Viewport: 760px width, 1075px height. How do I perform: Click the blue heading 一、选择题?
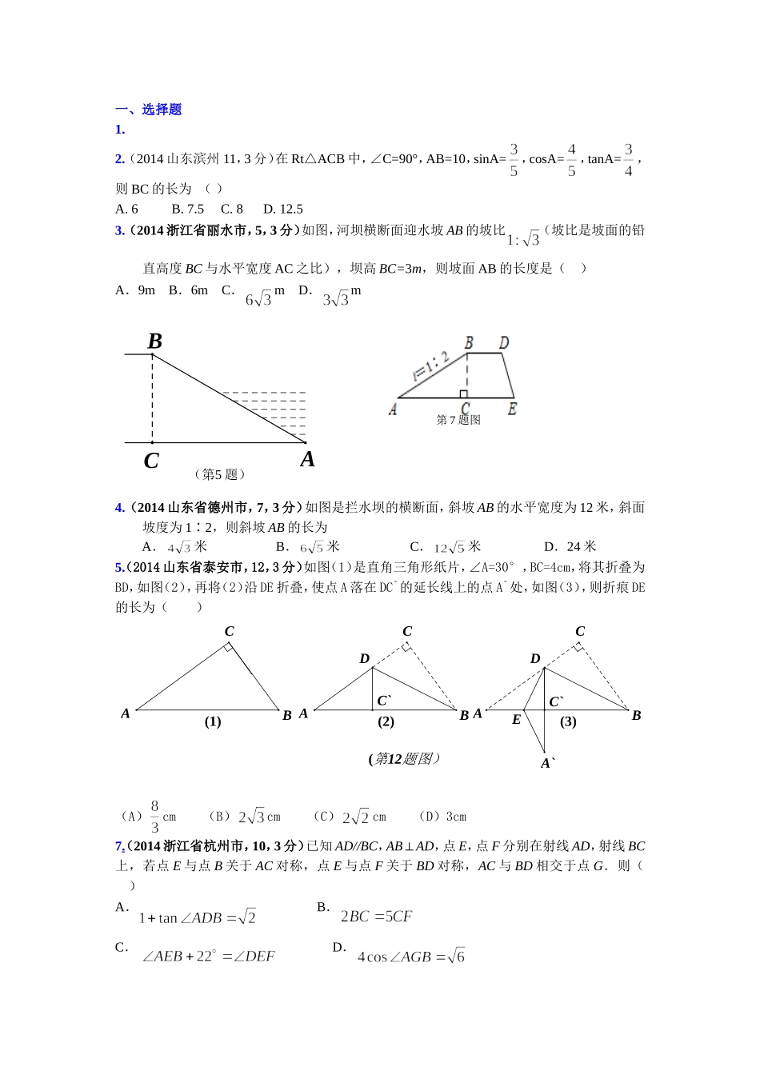tap(149, 110)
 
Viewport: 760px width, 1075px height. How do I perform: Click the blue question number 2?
tap(120, 159)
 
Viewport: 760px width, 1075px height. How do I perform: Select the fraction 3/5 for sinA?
tap(514, 160)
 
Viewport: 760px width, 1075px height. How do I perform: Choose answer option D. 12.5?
tap(283, 209)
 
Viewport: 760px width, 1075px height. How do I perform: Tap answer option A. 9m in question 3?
tap(135, 290)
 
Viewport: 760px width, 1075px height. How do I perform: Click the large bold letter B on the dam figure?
tap(155, 342)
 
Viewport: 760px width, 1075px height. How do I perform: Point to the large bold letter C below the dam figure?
tap(151, 462)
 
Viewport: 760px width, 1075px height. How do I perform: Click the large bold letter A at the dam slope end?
tap(307, 459)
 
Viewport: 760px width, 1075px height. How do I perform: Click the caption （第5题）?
tap(219, 474)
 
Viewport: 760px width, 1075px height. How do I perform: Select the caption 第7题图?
tap(458, 420)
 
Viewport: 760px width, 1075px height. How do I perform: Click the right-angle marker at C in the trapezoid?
tap(463, 394)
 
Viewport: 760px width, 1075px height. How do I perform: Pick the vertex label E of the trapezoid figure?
tap(512, 409)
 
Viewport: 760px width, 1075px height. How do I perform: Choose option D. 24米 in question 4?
tap(570, 546)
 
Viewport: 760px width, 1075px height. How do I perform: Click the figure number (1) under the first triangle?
tap(213, 721)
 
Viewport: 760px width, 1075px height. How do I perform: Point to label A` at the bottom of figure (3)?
tap(548, 763)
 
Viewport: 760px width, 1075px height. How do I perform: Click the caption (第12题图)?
tap(405, 758)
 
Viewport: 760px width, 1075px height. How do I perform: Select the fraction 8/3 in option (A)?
tap(154, 817)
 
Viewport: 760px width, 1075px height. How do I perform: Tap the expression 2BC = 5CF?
tap(376, 917)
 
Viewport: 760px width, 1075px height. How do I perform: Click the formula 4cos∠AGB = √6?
tap(410, 957)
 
